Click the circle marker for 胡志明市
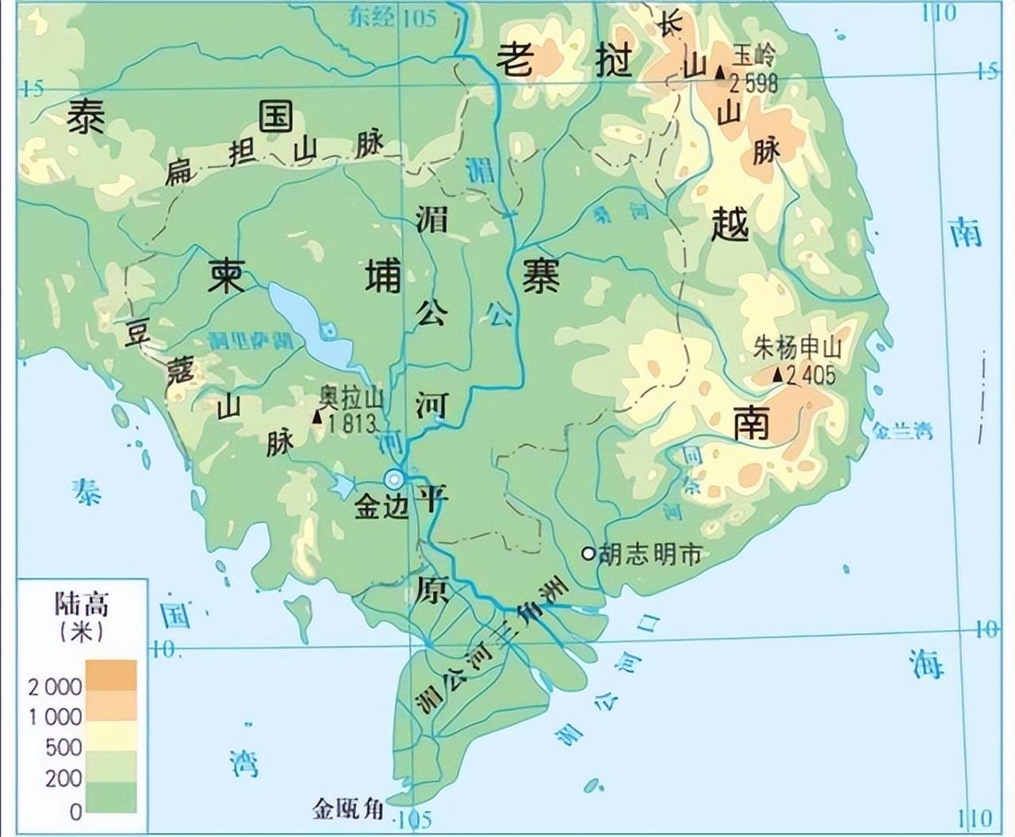588,553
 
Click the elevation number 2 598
754,82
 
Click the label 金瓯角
348,809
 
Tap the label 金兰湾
902,431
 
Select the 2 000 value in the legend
56,686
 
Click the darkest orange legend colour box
111,675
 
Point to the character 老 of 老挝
516,60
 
